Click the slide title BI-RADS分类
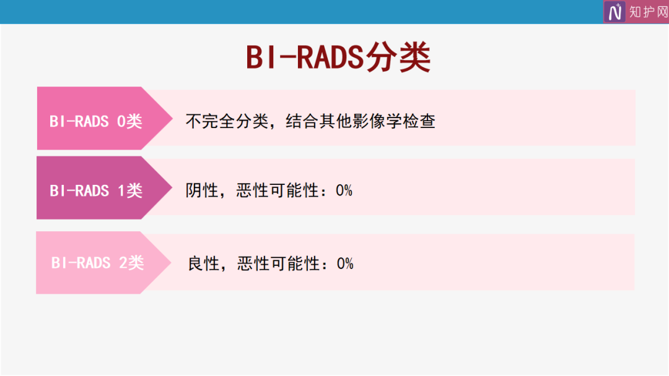(x=338, y=58)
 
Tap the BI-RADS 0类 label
(x=96, y=121)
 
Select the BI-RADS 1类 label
(x=96, y=190)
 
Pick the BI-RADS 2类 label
(x=98, y=263)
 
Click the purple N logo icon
(x=614, y=12)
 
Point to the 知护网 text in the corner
(x=649, y=12)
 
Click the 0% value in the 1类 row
(x=344, y=190)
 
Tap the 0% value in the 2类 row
(x=345, y=263)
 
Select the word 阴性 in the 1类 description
(x=202, y=190)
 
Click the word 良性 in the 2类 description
(x=204, y=263)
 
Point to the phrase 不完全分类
(x=227, y=121)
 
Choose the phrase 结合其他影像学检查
(x=361, y=121)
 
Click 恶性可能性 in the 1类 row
(x=278, y=190)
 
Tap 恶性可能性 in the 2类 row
(x=279, y=263)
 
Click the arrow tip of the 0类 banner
(x=172, y=118)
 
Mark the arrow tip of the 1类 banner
(x=172, y=187)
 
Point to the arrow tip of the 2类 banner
(x=171, y=262)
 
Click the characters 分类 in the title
(x=398, y=58)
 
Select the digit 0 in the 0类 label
(x=121, y=122)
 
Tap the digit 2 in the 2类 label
(x=123, y=263)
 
